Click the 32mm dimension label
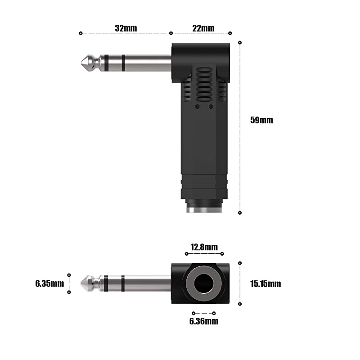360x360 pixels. click(126, 28)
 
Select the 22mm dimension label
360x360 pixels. click(203, 28)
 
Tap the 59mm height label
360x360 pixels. click(261, 120)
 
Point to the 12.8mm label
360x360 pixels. click(204, 247)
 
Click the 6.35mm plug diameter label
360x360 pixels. click(49, 283)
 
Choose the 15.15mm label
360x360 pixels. click(265, 283)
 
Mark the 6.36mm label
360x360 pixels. click(204, 321)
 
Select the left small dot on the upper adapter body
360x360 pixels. click(197, 107)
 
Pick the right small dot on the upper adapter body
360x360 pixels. click(211, 107)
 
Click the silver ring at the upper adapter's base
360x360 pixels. click(204, 210)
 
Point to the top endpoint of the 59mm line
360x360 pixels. click(240, 43)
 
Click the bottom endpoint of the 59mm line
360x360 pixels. click(240, 212)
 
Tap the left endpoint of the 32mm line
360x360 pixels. click(81, 33)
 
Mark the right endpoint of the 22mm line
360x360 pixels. click(230, 33)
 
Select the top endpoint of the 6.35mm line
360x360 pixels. click(69, 274)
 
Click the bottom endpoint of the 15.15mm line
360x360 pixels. click(240, 304)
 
